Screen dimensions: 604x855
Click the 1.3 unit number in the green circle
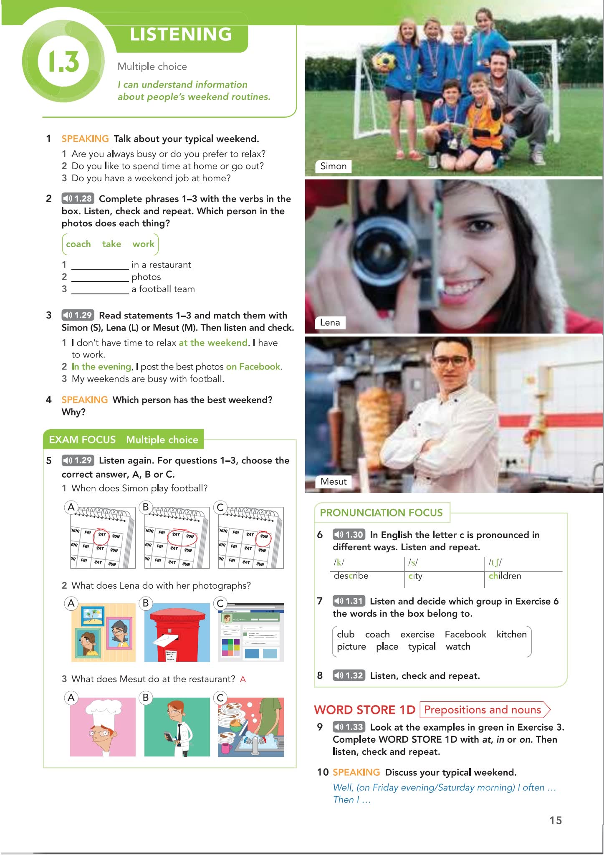[x=64, y=61]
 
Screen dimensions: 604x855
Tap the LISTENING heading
[x=181, y=34]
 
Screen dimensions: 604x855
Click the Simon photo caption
[x=333, y=166]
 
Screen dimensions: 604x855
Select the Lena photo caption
[x=330, y=322]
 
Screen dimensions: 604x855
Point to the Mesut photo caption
[x=334, y=481]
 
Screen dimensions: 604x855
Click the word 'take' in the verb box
[x=111, y=244]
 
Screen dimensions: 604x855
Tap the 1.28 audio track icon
[x=78, y=198]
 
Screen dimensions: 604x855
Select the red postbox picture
[x=177, y=632]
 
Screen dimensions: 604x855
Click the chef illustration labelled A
[x=103, y=727]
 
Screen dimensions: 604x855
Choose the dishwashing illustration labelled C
[x=251, y=727]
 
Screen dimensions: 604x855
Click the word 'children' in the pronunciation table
[x=505, y=576]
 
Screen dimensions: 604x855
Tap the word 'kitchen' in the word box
[x=512, y=634]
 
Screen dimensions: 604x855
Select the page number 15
[x=556, y=820]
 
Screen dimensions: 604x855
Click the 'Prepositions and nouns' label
[x=483, y=710]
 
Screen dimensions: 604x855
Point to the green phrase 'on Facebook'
[x=253, y=367]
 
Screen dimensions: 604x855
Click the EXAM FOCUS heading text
[x=82, y=440]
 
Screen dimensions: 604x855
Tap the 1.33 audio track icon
[x=349, y=727]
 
